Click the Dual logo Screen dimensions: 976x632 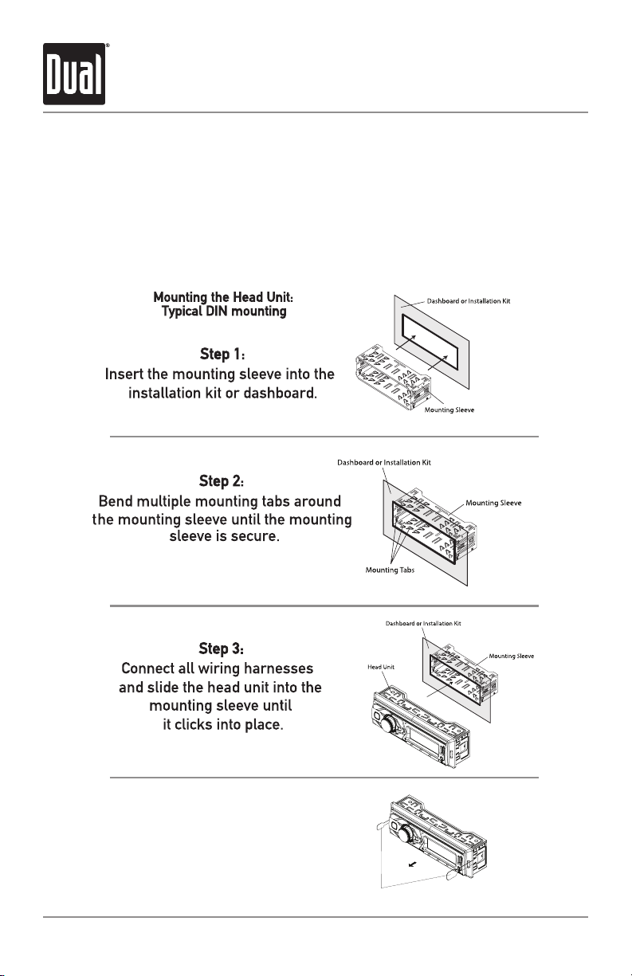click(x=74, y=74)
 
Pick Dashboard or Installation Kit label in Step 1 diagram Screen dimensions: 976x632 click(x=468, y=301)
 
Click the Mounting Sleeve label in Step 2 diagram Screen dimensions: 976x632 click(x=493, y=504)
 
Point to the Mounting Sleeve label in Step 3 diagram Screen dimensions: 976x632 click(x=511, y=656)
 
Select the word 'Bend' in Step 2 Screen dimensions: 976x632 click(x=116, y=503)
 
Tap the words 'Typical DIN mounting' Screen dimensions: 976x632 click(x=224, y=312)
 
